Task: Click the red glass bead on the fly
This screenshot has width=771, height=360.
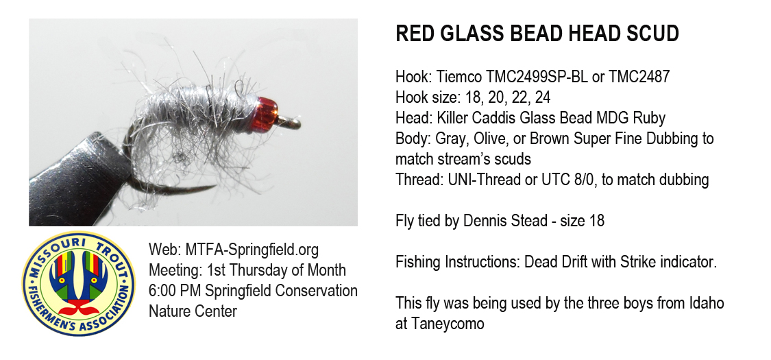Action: (267, 114)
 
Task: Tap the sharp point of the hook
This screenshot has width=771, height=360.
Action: (215, 187)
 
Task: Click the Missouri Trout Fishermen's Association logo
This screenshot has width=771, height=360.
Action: (79, 283)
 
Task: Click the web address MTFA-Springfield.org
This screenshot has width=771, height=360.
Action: (252, 250)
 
